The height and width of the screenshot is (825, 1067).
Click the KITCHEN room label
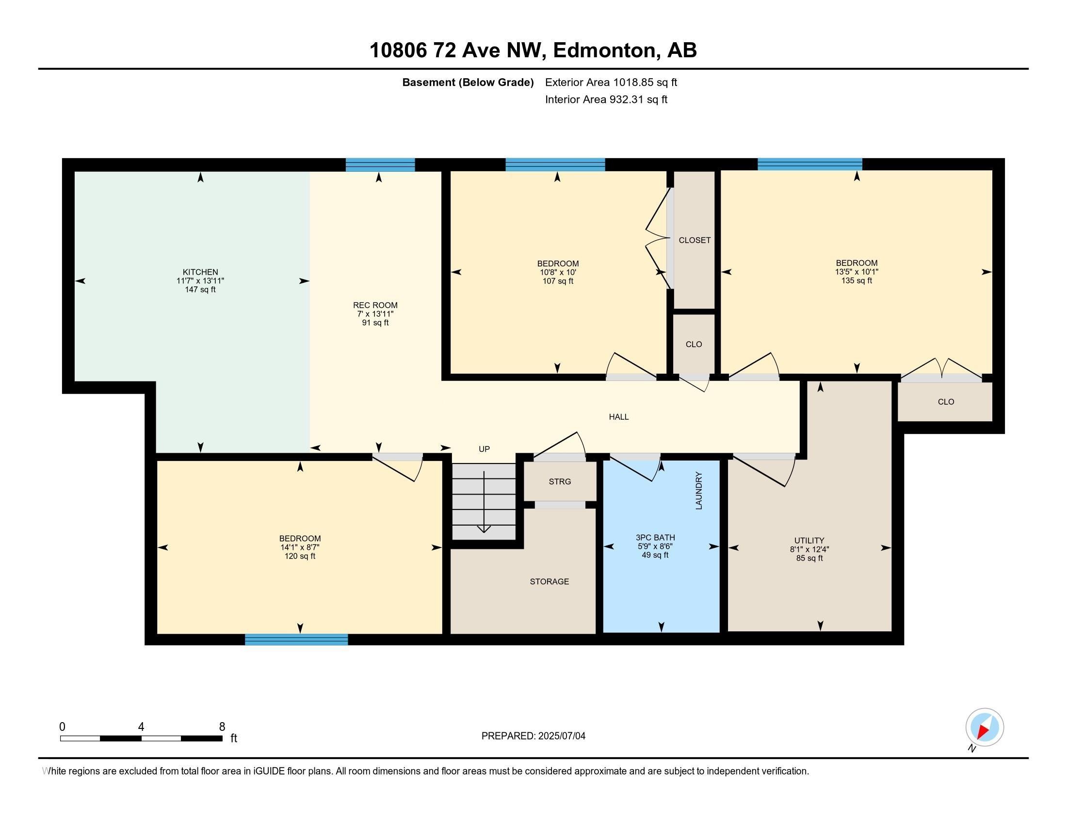tap(200, 272)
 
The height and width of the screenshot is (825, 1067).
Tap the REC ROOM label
tap(375, 305)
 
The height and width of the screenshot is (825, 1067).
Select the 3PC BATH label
tap(655, 538)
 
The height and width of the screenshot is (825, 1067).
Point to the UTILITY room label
tap(809, 541)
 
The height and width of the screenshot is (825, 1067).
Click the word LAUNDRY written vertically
tap(698, 491)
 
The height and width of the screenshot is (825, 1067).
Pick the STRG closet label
tap(560, 481)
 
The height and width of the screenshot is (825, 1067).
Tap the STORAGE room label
tap(550, 581)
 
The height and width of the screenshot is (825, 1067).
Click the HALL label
tap(618, 417)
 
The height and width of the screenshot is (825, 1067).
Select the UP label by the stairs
tap(484, 449)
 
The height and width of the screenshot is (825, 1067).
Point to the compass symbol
tap(985, 727)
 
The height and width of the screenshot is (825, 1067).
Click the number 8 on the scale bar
tap(222, 727)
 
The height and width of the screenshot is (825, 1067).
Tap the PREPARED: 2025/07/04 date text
tap(533, 736)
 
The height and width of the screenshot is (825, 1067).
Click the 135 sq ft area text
tap(857, 280)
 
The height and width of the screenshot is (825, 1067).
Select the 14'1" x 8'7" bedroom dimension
tap(300, 547)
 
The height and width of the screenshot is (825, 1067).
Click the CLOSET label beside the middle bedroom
tap(695, 240)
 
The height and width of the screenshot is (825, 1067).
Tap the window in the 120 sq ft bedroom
tap(296, 639)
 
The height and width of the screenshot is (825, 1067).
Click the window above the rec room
tap(380, 165)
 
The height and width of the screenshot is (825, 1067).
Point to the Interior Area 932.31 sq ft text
tap(606, 99)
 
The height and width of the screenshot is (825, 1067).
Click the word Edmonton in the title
tap(604, 50)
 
